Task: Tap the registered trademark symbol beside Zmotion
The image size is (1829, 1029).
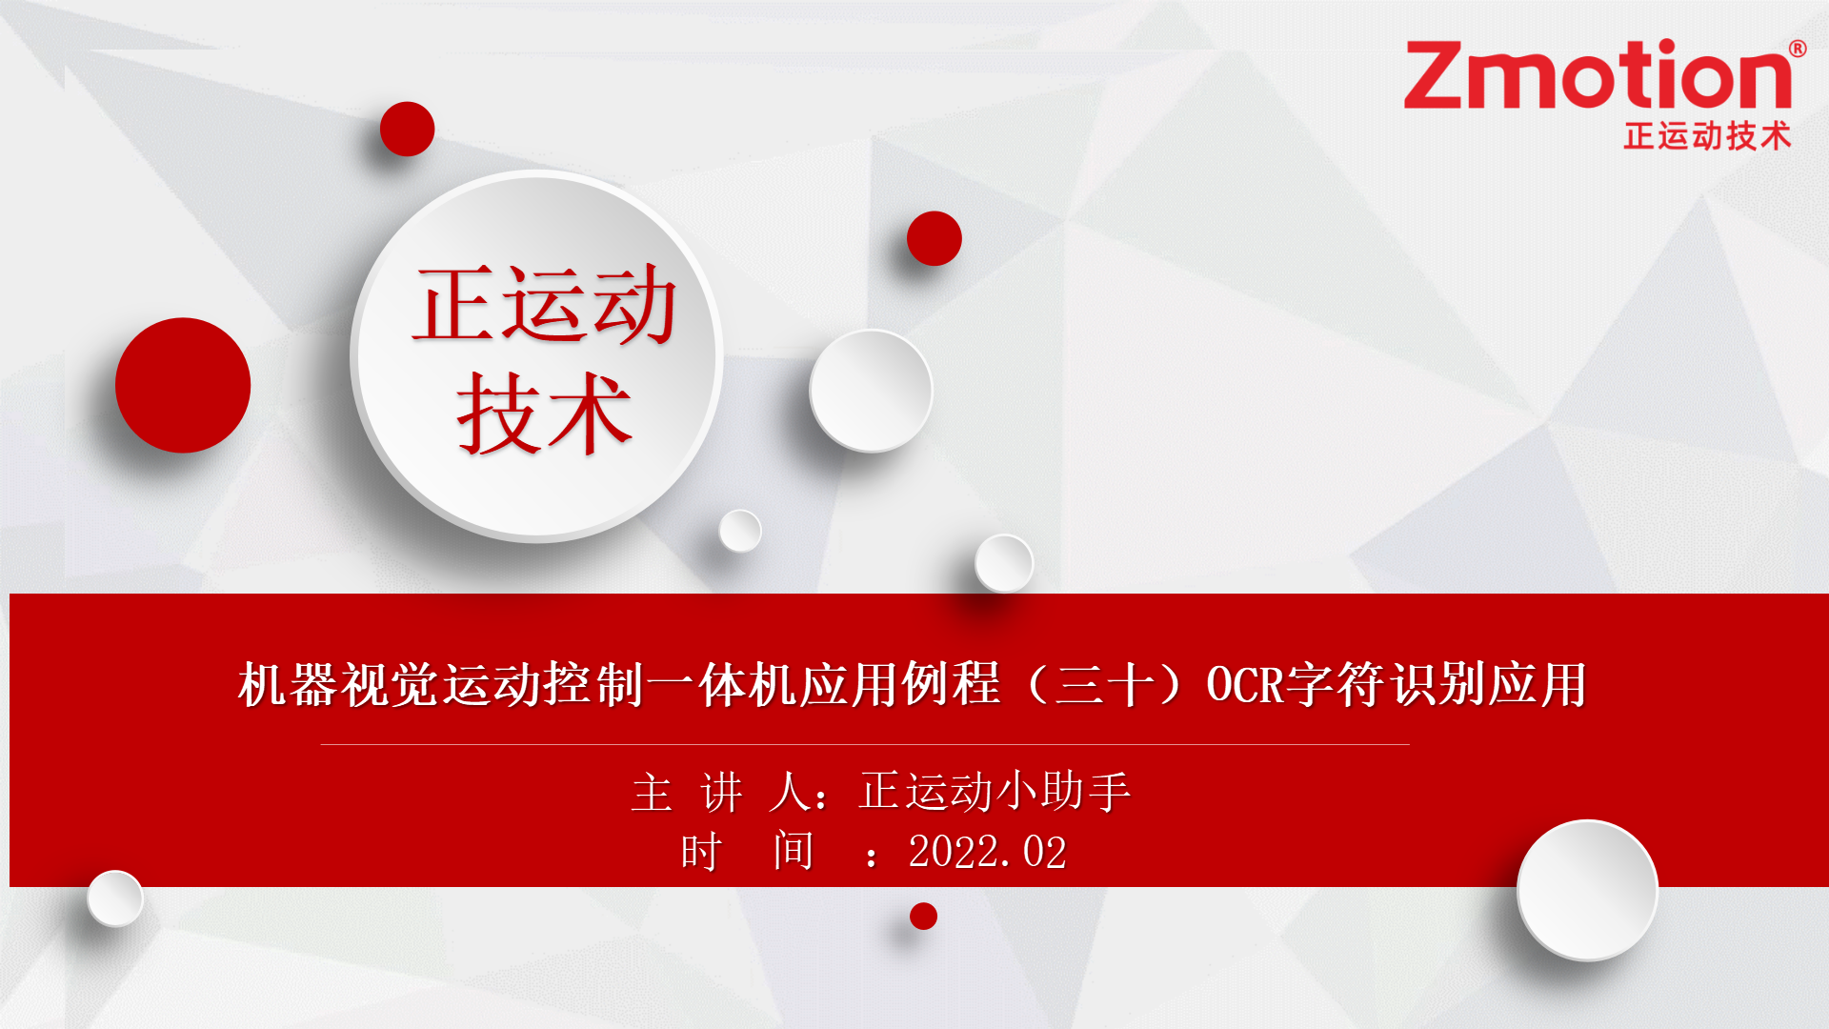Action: click(1798, 48)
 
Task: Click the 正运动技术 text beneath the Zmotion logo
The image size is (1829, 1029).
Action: click(1707, 136)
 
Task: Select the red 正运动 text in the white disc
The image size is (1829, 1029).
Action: click(544, 305)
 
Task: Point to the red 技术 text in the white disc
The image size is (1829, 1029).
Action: click(544, 413)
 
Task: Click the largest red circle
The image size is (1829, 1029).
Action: click(183, 385)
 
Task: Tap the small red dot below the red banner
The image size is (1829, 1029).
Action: click(923, 916)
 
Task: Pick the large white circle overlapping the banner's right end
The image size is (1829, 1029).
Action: click(1587, 890)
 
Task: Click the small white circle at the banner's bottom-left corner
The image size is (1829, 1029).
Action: click(115, 898)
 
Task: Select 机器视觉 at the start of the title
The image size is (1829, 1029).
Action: click(340, 684)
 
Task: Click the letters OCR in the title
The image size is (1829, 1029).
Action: click(1245, 684)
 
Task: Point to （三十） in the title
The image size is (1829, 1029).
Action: click(1104, 684)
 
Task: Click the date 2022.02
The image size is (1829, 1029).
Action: click(987, 852)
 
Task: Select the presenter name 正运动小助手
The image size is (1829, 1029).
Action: click(995, 792)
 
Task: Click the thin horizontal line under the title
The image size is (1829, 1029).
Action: click(865, 744)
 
